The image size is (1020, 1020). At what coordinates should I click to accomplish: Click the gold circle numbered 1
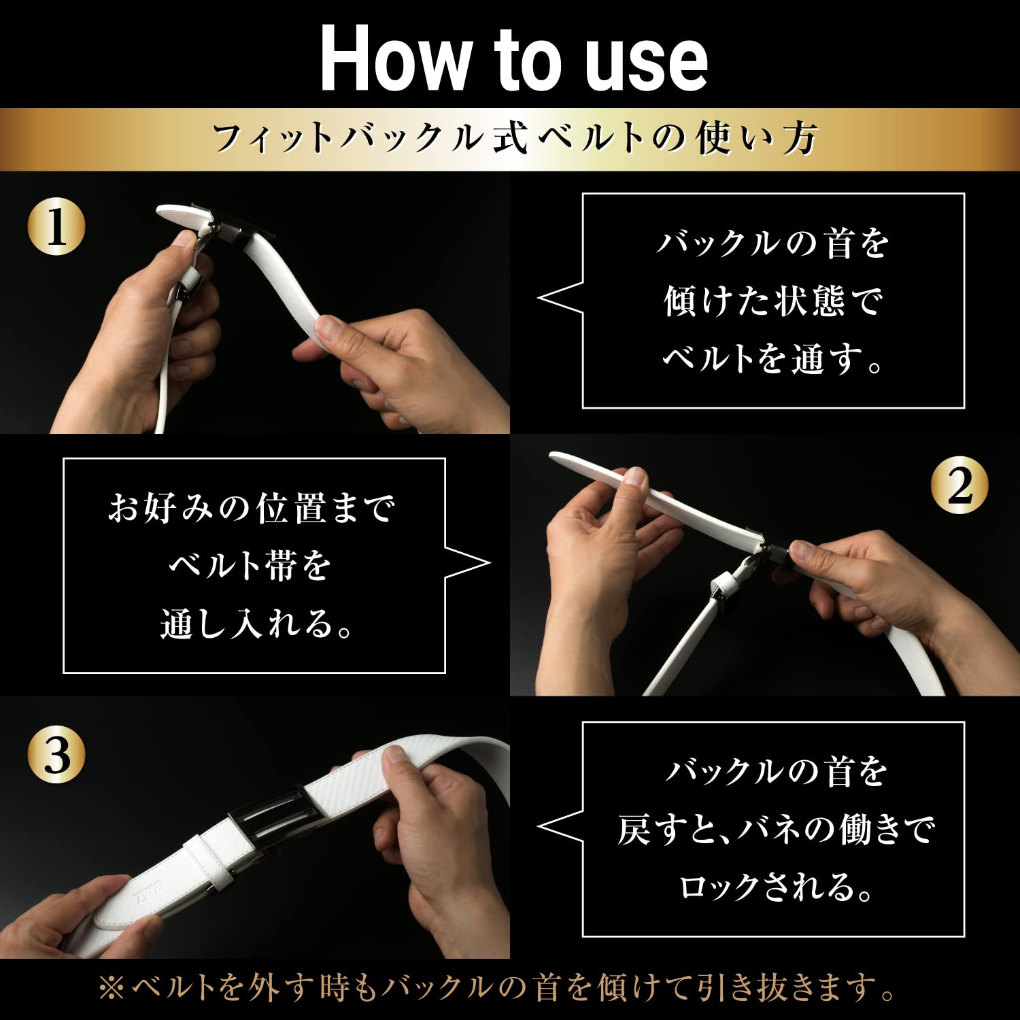pos(56,226)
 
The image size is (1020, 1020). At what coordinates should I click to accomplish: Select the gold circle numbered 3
pos(56,755)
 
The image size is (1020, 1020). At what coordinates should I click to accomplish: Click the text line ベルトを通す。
pos(773,358)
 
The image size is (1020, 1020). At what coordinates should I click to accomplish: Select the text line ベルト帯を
pos(250,565)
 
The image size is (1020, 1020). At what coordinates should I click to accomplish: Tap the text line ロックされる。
pos(776,887)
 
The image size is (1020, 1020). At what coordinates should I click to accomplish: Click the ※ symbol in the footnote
pos(112,988)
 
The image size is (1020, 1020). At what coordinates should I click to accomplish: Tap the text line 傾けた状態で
pos(773,301)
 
